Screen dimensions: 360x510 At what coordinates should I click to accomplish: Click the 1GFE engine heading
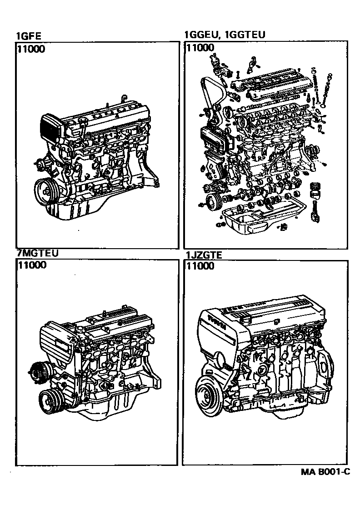(29, 36)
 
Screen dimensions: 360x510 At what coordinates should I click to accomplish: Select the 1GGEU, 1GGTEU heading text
(225, 35)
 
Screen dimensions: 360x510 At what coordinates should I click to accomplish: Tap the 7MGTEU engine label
(37, 253)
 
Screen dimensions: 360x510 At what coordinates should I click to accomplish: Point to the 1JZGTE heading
(204, 255)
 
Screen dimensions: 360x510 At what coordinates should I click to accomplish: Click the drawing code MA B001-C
(325, 472)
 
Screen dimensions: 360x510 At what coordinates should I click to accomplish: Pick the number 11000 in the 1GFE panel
(31, 49)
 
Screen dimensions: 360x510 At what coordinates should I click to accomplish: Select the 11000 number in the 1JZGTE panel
(200, 266)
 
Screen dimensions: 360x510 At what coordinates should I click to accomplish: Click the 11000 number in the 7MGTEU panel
(32, 265)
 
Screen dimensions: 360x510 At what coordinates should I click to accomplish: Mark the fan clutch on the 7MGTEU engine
(38, 372)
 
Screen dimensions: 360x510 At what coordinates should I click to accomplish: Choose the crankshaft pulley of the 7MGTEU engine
(51, 402)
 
